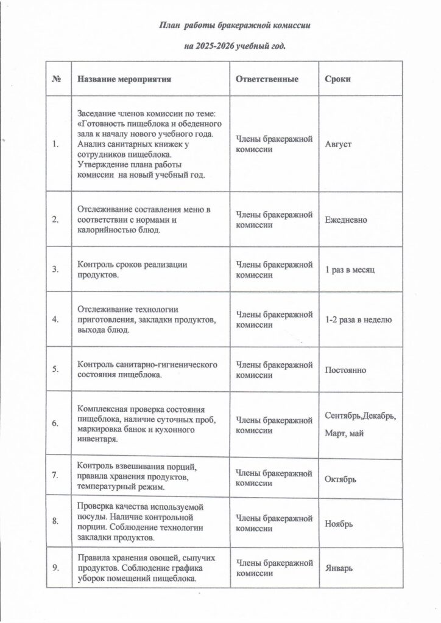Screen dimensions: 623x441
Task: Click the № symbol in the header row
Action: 57,79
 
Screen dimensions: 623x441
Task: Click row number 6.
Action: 56,424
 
